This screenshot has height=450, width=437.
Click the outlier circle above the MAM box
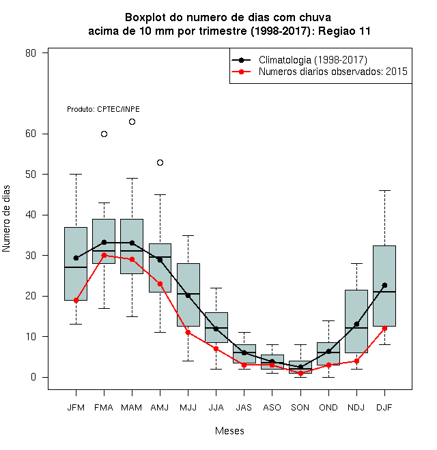tap(132, 121)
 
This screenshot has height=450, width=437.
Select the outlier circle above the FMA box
tap(104, 134)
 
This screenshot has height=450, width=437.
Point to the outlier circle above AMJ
tap(160, 163)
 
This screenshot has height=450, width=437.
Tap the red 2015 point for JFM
tap(76, 300)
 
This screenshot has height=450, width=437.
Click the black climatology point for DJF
tap(384, 285)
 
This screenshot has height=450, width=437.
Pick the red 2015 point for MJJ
tap(188, 332)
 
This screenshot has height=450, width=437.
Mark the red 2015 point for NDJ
tap(356, 361)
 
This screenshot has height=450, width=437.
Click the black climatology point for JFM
tap(76, 258)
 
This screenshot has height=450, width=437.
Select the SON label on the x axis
tap(300, 408)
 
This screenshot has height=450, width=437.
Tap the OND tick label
tap(328, 408)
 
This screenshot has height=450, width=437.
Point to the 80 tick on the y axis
tap(31, 53)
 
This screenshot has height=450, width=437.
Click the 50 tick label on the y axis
tap(31, 175)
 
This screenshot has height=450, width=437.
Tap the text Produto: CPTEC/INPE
tap(104, 109)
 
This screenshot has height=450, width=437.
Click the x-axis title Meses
tap(229, 431)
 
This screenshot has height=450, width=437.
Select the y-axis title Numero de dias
tap(6, 219)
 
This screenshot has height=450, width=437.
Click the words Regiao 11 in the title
tap(344, 31)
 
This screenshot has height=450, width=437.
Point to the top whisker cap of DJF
tap(384, 190)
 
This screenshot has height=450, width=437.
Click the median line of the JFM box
tap(76, 267)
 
